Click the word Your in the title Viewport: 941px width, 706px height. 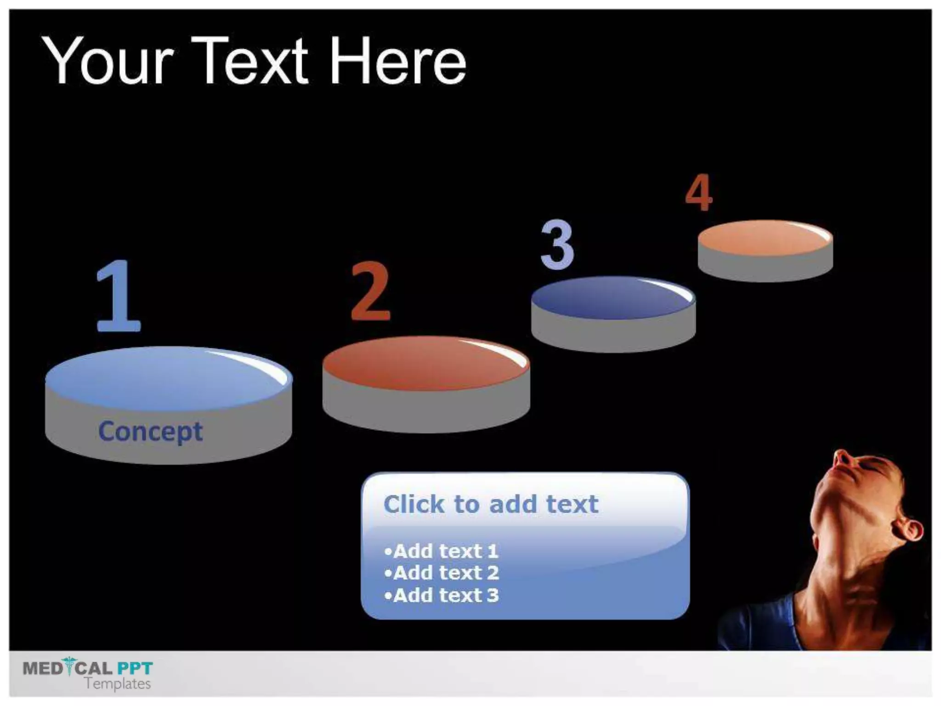point(108,62)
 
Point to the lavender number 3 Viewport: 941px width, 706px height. point(557,245)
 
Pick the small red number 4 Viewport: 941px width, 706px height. point(698,193)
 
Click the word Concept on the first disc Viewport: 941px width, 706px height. point(150,431)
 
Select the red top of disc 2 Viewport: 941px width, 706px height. point(426,363)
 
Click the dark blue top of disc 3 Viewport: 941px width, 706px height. point(613,298)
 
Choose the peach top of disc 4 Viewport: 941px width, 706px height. point(765,238)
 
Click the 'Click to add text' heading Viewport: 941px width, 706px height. point(491,504)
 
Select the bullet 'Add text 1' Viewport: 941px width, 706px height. point(442,551)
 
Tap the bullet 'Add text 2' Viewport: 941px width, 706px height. point(442,573)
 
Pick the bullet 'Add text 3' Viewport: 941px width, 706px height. point(442,595)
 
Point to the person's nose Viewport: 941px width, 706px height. point(842,458)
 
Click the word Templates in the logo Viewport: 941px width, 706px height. point(118,683)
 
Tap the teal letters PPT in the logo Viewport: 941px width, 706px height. point(135,667)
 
